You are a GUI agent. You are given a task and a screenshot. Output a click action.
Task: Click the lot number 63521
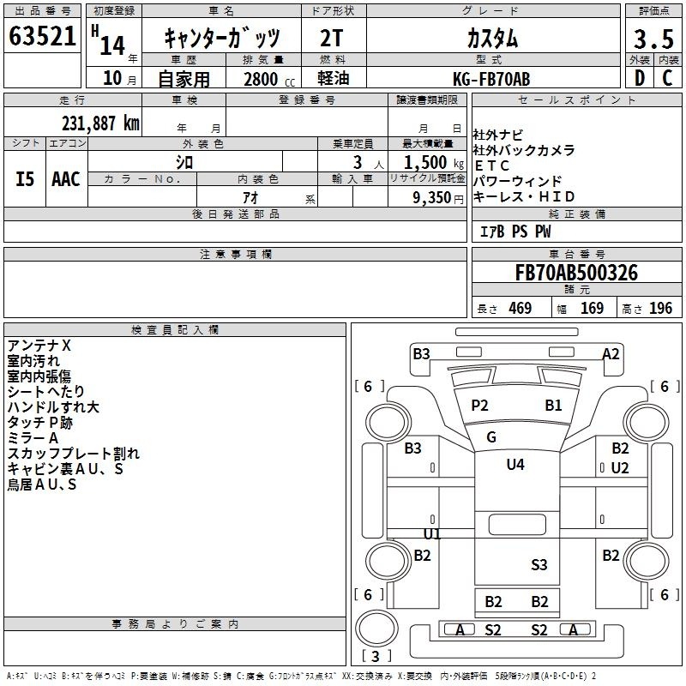point(43,37)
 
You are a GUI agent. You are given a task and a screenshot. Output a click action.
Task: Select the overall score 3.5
point(652,39)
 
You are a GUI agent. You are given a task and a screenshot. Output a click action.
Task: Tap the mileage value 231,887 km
point(100,123)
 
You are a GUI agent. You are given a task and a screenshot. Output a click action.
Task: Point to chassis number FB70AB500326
point(575,273)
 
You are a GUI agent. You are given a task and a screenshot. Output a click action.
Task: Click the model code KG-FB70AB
point(491,79)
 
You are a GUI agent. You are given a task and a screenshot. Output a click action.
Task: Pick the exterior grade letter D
point(639,78)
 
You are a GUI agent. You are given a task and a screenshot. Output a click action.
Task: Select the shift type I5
point(25,178)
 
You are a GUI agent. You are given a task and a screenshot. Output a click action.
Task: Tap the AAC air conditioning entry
point(66,178)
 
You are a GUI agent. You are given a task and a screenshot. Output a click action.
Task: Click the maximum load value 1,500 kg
point(427,163)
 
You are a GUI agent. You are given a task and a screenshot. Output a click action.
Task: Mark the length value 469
point(520,309)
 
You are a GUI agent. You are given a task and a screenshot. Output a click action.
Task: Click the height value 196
point(660,309)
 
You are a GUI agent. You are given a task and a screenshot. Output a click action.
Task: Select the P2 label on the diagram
point(479,405)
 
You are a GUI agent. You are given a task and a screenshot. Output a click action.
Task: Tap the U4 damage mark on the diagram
point(514,465)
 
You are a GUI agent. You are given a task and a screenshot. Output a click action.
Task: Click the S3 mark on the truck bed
point(539,564)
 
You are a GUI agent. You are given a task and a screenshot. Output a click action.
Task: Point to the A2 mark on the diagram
point(611,353)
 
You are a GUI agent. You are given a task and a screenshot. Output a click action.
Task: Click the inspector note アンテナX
point(40,345)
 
